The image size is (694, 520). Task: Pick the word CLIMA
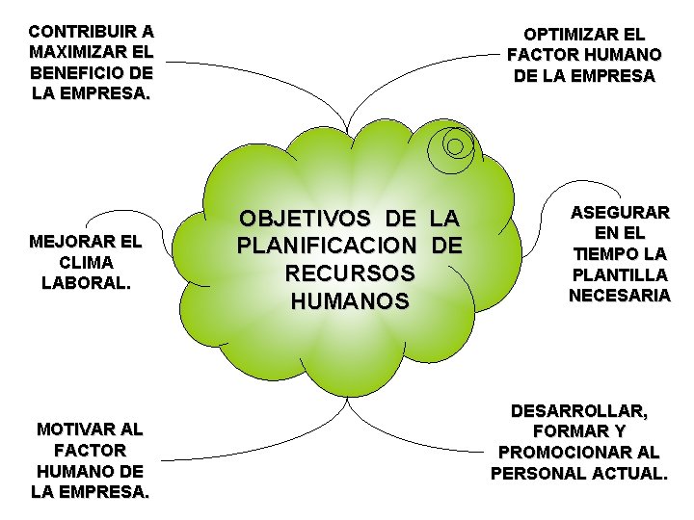click(86, 262)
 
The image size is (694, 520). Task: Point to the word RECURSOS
click(350, 273)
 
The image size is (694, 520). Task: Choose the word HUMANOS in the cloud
click(350, 301)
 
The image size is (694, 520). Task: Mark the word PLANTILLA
click(619, 274)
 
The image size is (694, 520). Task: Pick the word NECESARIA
click(619, 296)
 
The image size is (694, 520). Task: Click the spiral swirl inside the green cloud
click(455, 146)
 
